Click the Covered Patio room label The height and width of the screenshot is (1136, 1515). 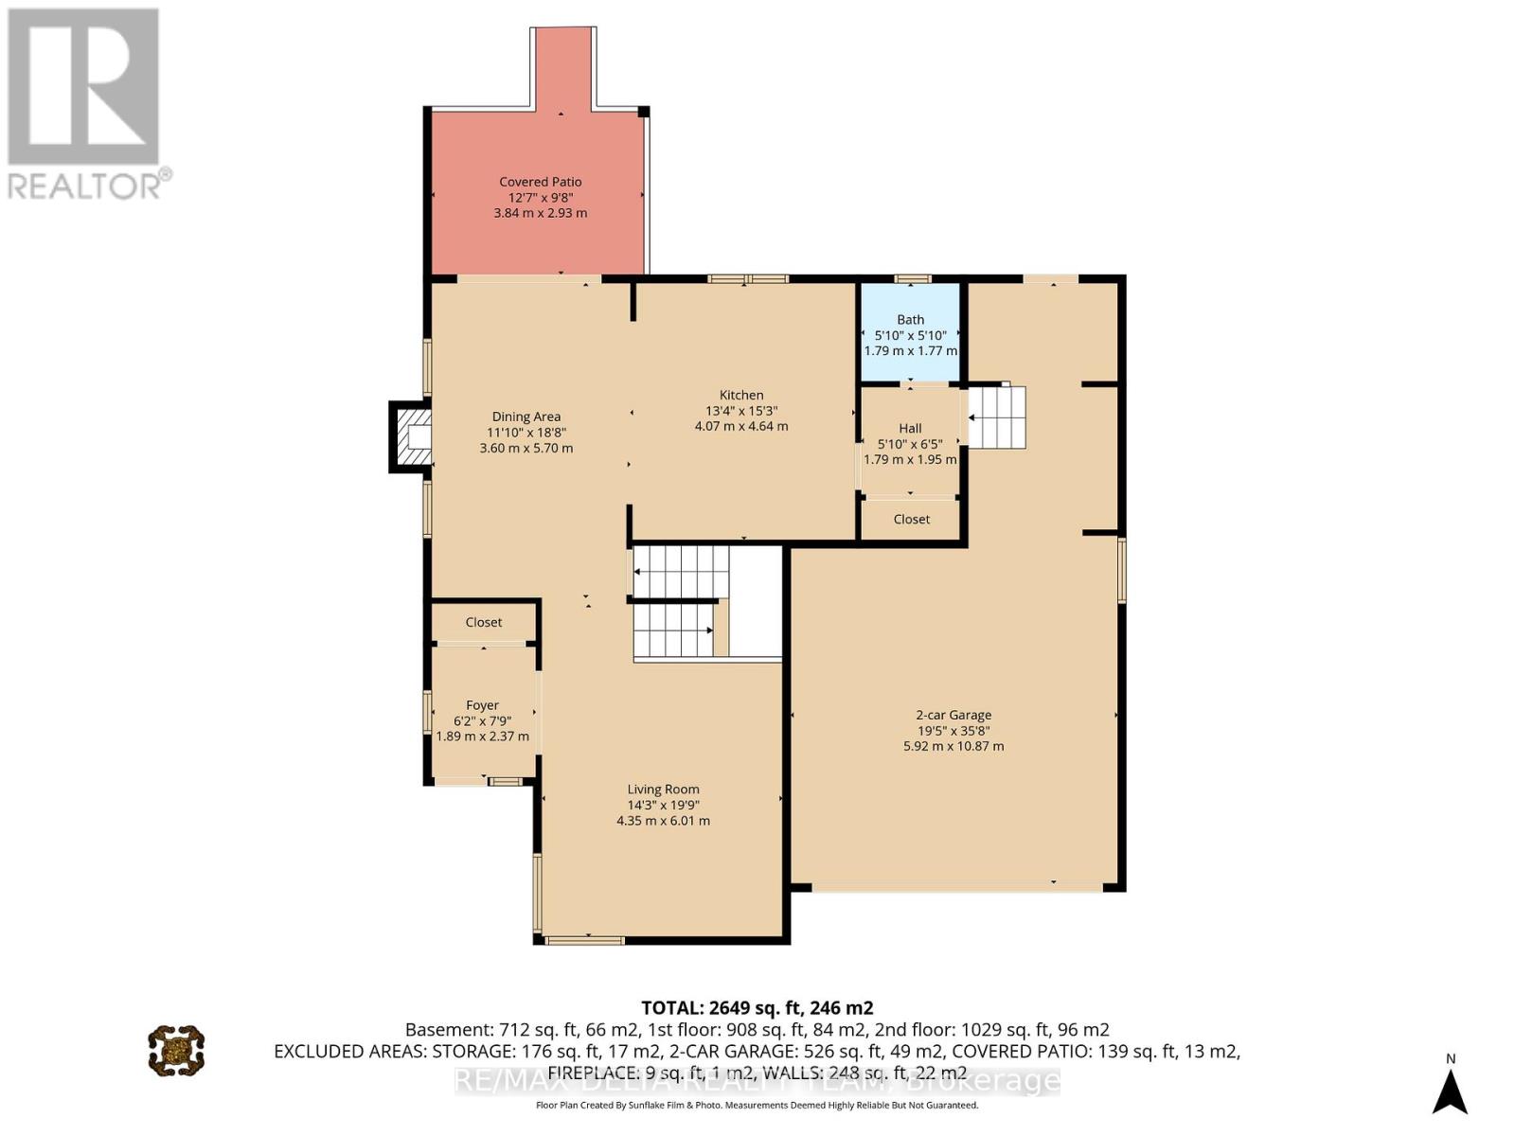pos(540,182)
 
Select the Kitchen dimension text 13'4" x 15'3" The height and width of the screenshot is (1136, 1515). pos(740,411)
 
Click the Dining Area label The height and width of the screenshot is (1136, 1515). pos(526,417)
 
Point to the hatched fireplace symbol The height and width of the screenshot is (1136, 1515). pos(413,436)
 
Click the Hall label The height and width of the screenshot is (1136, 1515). pos(910,429)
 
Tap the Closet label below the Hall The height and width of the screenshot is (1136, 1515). pos(911,519)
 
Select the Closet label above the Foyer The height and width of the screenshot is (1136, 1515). pos(483,622)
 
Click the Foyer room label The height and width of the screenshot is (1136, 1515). pos(482,705)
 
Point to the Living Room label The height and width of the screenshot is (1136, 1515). pos(663,790)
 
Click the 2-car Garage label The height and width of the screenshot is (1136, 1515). pos(953,716)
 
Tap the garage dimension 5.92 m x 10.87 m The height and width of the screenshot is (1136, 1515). pos(953,746)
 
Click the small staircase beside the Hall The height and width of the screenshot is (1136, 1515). pos(997,417)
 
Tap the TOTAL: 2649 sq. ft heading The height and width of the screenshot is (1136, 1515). pos(757,1007)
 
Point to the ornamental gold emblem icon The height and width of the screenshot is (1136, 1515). pos(176,1050)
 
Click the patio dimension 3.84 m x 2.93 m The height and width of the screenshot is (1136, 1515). pos(540,213)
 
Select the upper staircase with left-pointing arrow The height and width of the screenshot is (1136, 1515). pos(680,571)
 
